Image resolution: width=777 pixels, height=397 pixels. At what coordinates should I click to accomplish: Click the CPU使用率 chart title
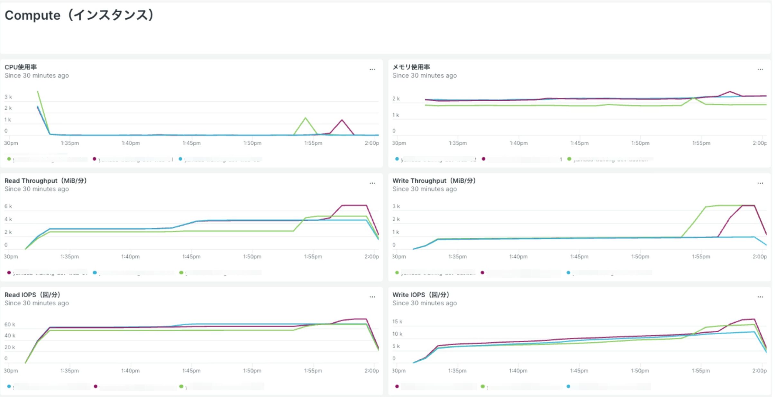click(x=21, y=67)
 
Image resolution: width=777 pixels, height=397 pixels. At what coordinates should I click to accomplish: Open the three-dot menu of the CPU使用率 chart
click(x=372, y=69)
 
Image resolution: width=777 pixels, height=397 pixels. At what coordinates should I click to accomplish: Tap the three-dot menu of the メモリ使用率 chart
click(x=760, y=69)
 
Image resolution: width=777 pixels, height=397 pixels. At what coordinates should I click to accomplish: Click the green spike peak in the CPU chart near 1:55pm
click(x=305, y=118)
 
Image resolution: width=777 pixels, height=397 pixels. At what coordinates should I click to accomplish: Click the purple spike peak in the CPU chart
click(x=342, y=120)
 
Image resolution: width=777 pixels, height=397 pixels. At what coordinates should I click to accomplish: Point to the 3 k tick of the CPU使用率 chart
click(x=8, y=97)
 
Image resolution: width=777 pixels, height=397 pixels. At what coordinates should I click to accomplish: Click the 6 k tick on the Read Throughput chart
click(x=8, y=206)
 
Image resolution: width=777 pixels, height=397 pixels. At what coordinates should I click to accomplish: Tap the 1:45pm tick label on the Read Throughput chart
click(x=191, y=256)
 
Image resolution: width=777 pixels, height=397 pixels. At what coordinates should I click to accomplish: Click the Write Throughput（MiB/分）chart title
click(x=434, y=181)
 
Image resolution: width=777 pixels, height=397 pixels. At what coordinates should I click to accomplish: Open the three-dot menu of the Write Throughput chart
click(x=760, y=183)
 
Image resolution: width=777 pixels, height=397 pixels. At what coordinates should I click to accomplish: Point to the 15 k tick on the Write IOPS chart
click(x=397, y=321)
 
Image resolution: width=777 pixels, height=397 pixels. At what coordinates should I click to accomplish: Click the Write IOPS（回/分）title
click(x=421, y=295)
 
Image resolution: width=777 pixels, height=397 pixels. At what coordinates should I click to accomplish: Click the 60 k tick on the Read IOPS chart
click(x=10, y=324)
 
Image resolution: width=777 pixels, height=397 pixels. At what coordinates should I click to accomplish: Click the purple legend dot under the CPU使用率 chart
click(x=94, y=159)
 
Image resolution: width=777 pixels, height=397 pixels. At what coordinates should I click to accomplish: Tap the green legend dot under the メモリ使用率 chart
click(x=569, y=159)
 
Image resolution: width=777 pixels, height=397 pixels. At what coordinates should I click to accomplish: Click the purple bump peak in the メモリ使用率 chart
click(x=730, y=92)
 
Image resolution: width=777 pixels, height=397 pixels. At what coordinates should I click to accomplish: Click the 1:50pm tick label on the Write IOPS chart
click(x=640, y=371)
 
